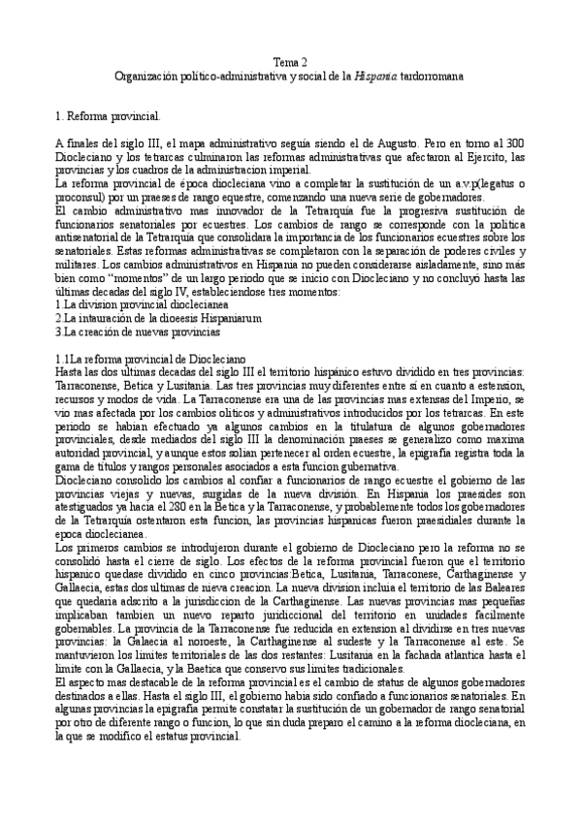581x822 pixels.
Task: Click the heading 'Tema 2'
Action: (x=290, y=61)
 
